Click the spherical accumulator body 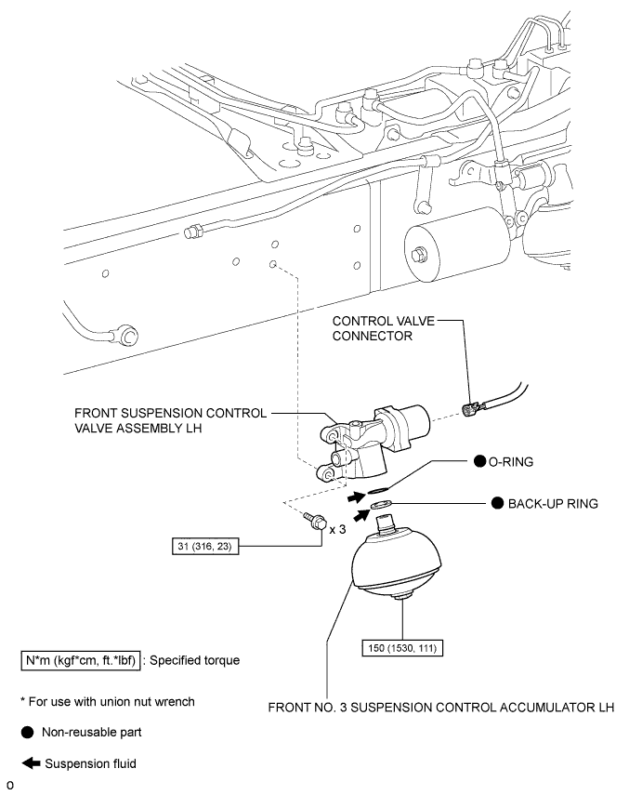point(394,568)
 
